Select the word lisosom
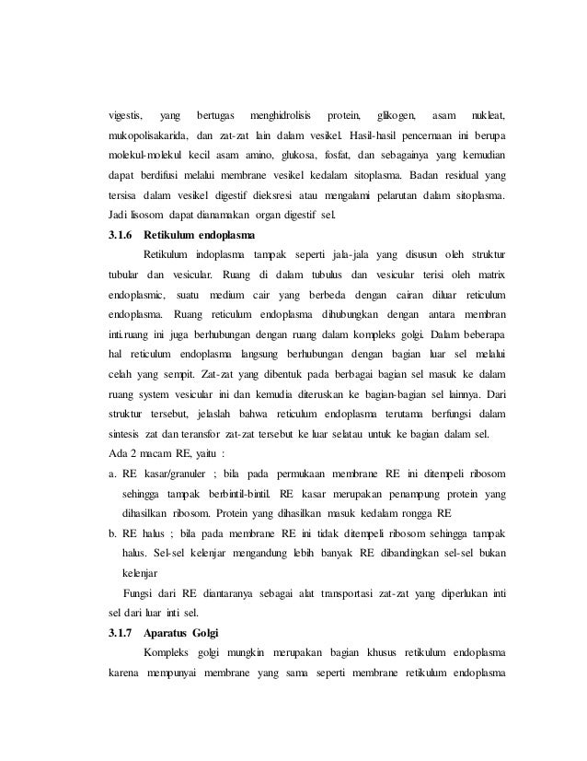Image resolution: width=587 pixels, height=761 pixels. click(152, 217)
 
